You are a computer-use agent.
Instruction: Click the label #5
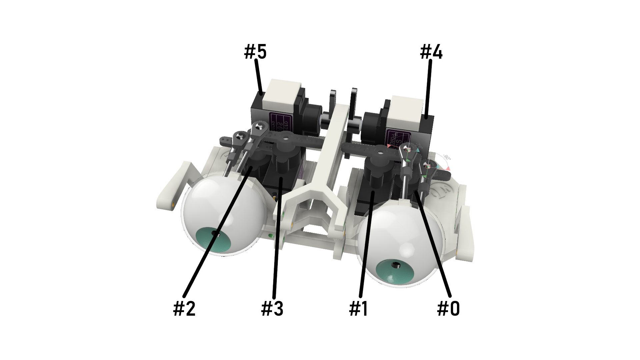(255, 52)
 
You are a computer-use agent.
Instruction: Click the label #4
(431, 52)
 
